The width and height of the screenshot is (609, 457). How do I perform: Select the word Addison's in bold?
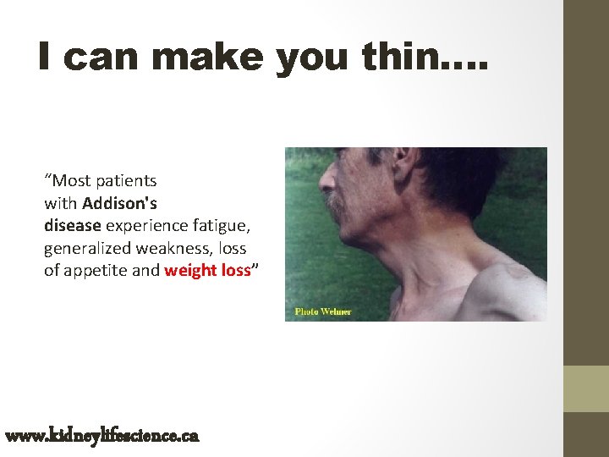(119, 203)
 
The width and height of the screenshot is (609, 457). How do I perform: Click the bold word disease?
(73, 226)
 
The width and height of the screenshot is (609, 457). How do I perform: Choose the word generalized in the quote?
(85, 249)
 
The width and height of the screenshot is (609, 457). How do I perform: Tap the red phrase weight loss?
(207, 271)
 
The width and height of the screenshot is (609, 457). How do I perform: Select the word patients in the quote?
(127, 180)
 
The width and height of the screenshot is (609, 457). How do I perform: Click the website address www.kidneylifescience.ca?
(101, 436)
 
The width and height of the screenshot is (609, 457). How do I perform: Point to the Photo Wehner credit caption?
(322, 311)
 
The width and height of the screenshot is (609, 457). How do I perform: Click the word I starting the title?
(47, 58)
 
